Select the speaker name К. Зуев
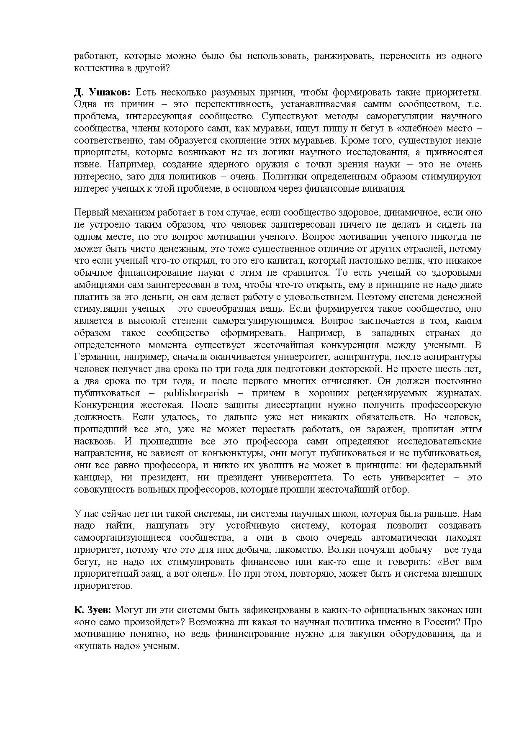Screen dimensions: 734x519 (x=92, y=610)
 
